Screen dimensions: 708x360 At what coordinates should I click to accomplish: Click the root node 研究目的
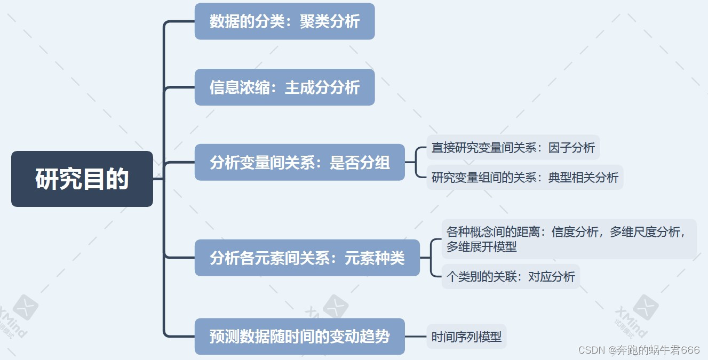[x=82, y=179]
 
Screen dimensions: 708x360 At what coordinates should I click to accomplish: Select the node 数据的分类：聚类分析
[x=284, y=21]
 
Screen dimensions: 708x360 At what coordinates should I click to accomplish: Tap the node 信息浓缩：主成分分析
[x=284, y=87]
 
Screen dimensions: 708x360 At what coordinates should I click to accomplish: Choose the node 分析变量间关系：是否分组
[x=299, y=162]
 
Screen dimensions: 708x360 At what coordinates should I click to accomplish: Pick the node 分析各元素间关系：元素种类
[x=307, y=258]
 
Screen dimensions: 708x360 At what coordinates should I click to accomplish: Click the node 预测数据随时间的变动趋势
[x=299, y=337]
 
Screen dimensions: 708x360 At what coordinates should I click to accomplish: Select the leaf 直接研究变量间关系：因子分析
[x=513, y=147]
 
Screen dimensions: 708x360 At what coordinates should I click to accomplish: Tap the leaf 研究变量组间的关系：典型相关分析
[x=524, y=177]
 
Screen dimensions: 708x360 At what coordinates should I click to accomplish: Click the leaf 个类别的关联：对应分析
[x=511, y=276]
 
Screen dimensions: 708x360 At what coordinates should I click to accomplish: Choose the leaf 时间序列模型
[x=466, y=337]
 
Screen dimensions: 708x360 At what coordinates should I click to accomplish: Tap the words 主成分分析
[x=322, y=87]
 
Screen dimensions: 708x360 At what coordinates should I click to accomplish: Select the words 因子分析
[x=571, y=147]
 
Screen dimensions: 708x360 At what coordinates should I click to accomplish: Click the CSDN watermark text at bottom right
[x=639, y=350]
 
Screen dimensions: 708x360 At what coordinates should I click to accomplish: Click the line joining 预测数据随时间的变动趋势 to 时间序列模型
[x=416, y=337]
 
